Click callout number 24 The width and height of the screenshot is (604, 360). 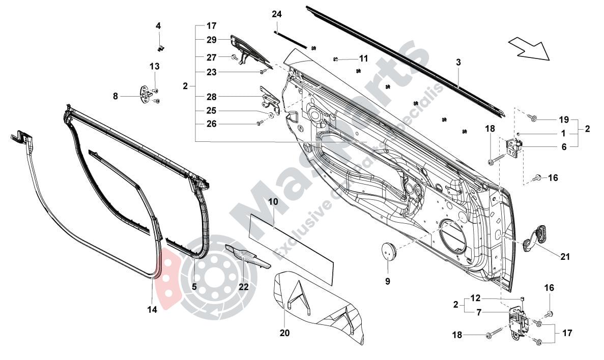pos(276,14)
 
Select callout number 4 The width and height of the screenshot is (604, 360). pos(158,25)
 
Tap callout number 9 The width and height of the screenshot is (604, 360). pos(387,281)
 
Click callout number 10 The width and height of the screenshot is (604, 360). pos(273,202)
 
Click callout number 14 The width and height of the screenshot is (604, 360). pos(152,309)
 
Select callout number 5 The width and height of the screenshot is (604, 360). pos(194,286)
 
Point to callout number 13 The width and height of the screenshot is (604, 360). pos(154,66)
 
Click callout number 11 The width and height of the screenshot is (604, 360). pos(363,58)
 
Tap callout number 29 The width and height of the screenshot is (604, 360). pos(212,39)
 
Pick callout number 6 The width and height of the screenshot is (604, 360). pos(563,146)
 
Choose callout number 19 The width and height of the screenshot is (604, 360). pos(563,120)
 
